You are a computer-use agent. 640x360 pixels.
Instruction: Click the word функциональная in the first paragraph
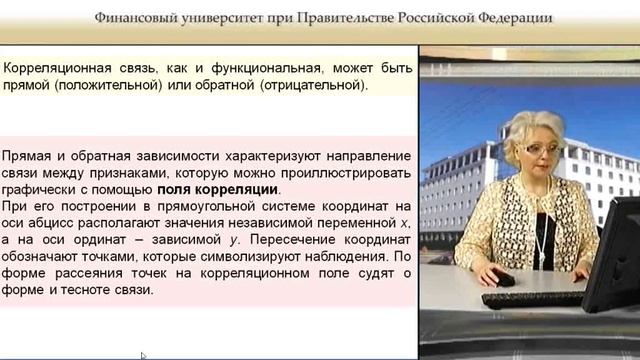click(255, 69)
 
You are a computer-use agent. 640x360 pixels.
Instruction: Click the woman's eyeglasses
click(542, 150)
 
